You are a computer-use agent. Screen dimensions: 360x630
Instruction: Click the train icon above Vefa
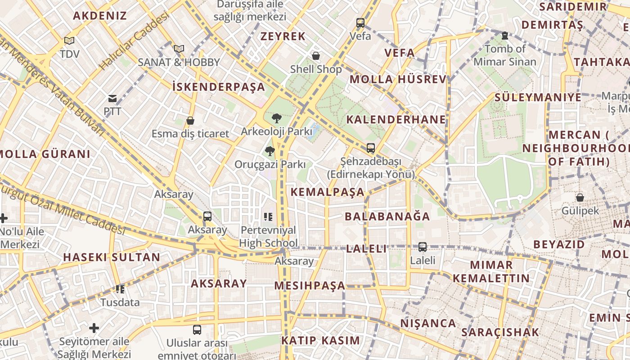(360, 22)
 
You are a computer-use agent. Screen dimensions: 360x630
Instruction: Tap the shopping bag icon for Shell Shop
(316, 56)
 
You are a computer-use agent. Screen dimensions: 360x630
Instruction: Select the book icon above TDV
(69, 41)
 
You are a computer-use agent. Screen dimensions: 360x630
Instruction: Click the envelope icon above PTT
(112, 98)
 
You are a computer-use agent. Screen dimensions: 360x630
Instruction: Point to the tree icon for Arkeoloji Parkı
(276, 118)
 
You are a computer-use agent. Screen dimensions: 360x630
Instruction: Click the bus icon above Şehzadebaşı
(370, 148)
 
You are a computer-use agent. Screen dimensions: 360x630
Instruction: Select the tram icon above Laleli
(422, 247)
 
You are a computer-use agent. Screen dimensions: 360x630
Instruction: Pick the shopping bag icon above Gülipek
(580, 197)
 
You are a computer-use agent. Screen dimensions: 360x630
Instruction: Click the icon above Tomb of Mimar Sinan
(504, 35)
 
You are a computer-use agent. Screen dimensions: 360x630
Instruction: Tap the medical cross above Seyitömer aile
(94, 328)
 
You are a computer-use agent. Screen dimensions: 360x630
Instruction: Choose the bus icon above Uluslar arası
(197, 330)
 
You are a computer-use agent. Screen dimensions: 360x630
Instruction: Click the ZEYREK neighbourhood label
(283, 36)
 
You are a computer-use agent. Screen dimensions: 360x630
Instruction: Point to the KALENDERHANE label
(396, 119)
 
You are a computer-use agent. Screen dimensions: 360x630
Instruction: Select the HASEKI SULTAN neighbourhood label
(112, 257)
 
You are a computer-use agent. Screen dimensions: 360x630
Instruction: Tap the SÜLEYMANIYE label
(538, 98)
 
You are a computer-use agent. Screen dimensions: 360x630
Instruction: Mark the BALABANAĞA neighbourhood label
(387, 216)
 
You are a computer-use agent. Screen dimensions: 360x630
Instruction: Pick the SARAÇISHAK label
(499, 333)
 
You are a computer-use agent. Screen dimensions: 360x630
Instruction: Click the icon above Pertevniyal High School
(268, 217)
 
